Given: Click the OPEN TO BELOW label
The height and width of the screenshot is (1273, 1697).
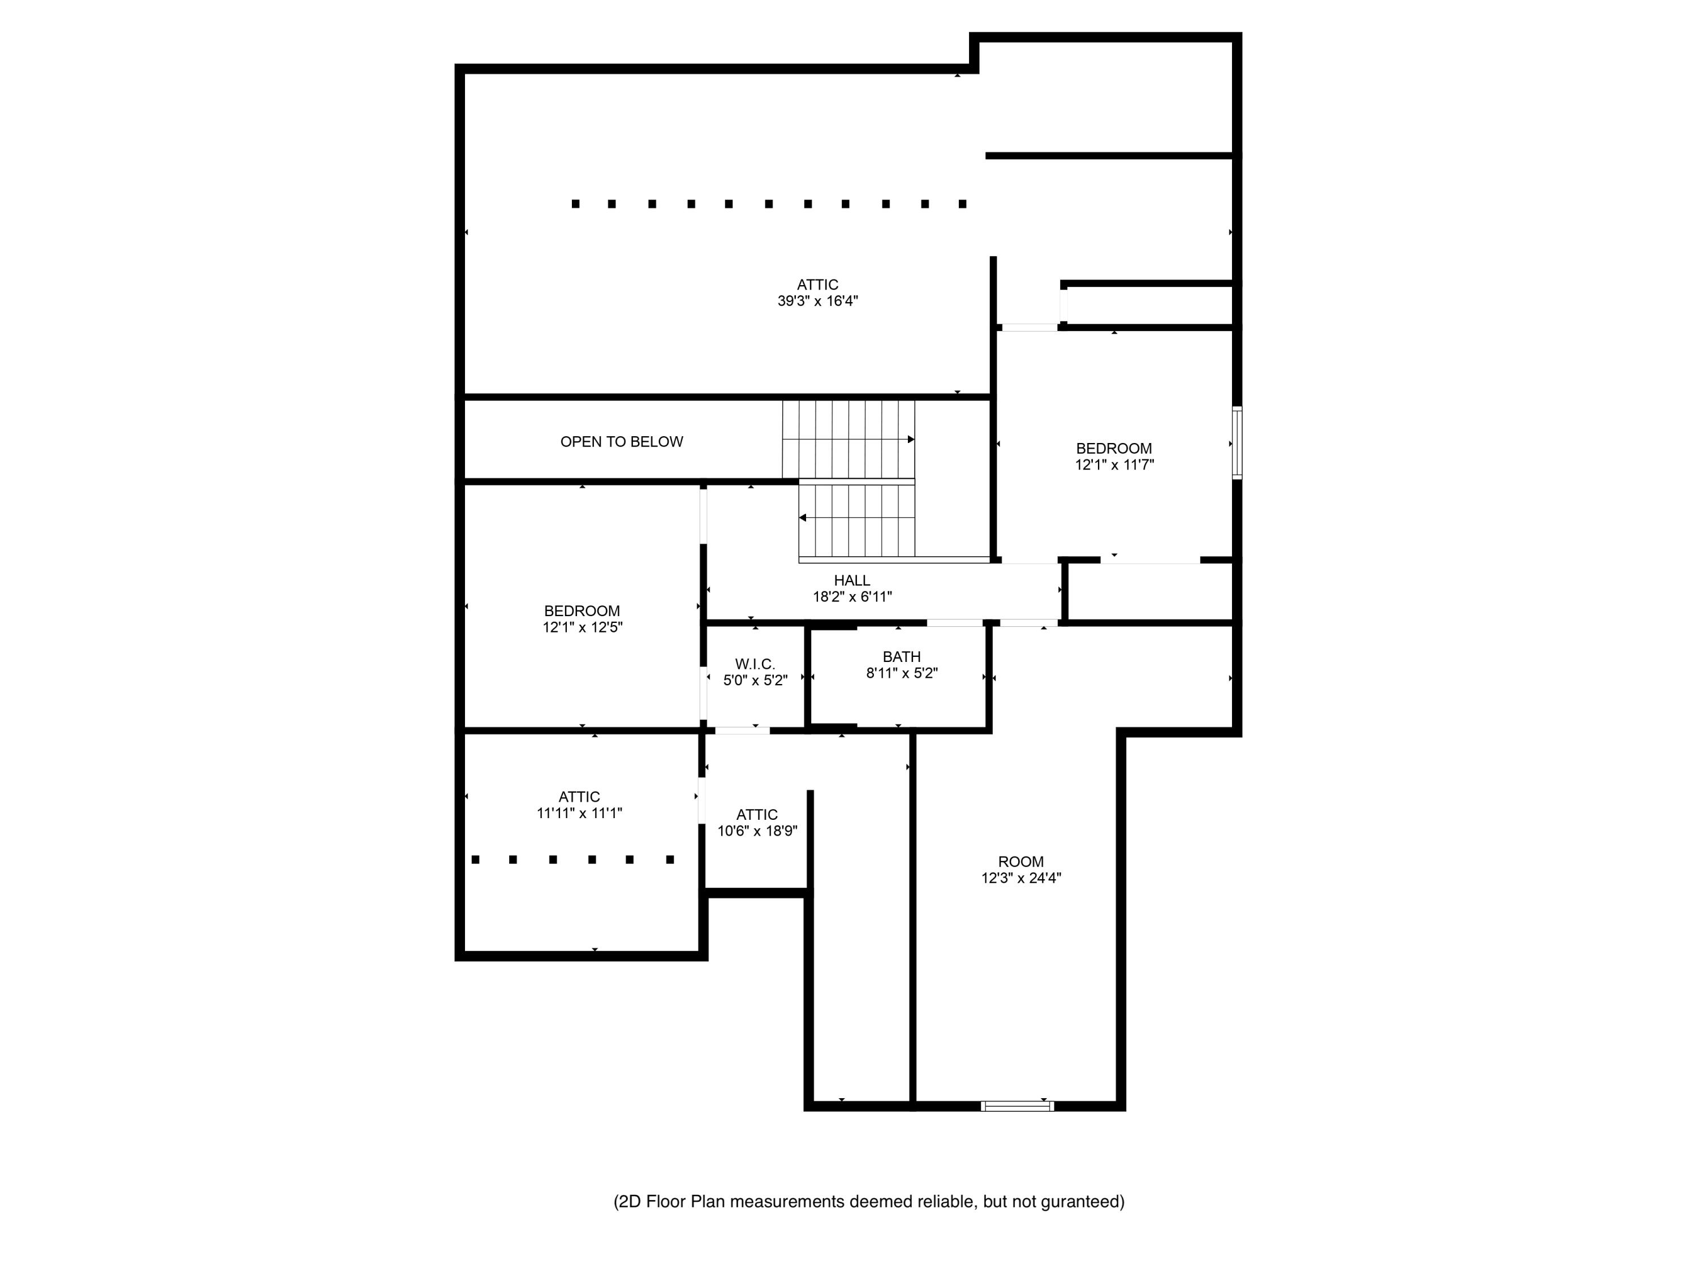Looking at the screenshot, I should coord(622,442).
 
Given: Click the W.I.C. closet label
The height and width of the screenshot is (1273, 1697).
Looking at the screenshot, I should coord(755,665).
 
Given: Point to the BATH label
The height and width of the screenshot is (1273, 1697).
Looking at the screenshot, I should coord(902,657).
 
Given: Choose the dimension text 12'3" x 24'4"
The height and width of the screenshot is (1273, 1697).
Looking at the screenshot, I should coord(1020,879).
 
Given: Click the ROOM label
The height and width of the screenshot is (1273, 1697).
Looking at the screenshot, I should coord(1020,862).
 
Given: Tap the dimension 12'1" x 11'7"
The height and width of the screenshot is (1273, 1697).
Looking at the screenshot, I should coord(1114,465).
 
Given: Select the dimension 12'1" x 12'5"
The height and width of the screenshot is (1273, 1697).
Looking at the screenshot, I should coord(582,627).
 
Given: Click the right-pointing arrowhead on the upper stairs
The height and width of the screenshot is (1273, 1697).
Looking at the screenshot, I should coord(911,440).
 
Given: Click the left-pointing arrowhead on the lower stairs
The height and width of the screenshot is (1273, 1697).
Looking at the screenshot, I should coord(803,518).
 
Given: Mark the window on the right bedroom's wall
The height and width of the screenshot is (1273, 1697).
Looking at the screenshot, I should coord(1237,444).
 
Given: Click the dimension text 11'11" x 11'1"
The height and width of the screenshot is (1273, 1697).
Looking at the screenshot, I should coord(579,814).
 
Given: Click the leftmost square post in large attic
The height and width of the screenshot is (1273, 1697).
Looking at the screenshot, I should coord(575,204).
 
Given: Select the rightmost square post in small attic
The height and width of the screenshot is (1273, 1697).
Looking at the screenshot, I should coord(670,859).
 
